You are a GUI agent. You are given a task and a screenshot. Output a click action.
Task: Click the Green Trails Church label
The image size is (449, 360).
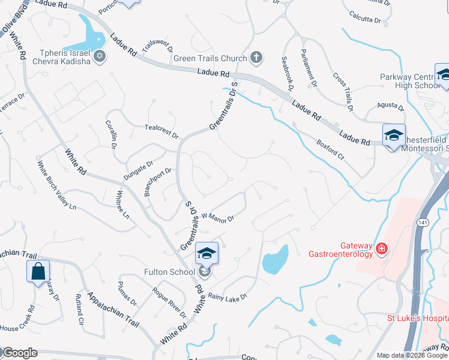click(210, 58)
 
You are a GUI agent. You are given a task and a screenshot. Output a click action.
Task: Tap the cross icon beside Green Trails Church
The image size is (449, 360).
click(256, 58)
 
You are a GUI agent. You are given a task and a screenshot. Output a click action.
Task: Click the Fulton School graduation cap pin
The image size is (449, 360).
click(206, 254)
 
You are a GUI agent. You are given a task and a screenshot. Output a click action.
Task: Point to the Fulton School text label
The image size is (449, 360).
click(169, 272)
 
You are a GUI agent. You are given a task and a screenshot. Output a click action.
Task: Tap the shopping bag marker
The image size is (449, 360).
click(38, 271)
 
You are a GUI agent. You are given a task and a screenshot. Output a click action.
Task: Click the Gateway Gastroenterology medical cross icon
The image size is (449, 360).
click(381, 248)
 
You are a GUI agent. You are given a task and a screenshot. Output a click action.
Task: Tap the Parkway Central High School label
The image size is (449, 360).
click(410, 81)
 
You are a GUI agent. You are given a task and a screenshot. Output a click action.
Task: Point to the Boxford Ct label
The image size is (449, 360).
click(331, 149)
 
